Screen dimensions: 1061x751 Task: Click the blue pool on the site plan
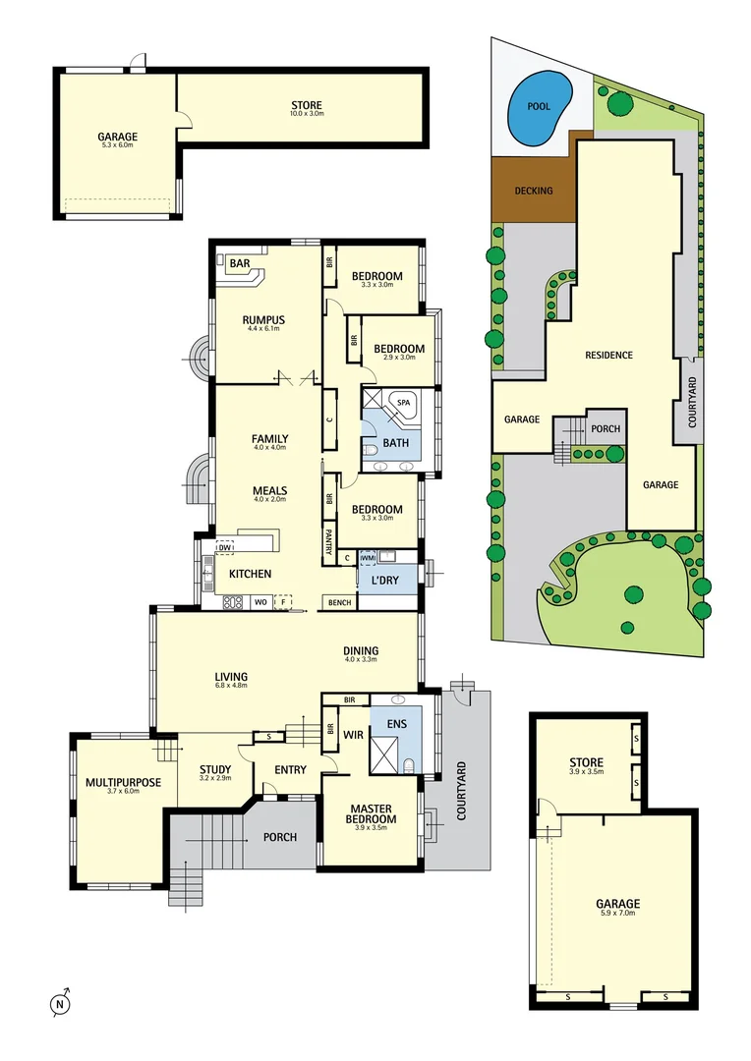tap(538, 106)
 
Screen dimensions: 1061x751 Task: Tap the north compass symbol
tap(59, 1003)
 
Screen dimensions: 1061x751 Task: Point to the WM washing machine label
tap(368, 558)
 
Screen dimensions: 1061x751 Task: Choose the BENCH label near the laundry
tap(340, 602)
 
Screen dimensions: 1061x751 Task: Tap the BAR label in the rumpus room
tap(239, 264)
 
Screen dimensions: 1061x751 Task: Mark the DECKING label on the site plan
tap(534, 191)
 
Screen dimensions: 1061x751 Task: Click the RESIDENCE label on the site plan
tap(608, 355)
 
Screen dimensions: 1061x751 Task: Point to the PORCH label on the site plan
tap(605, 429)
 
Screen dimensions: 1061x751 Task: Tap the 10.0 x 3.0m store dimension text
tap(307, 115)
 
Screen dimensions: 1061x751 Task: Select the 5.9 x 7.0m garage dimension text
tap(617, 914)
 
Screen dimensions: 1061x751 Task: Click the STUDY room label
tap(215, 770)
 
